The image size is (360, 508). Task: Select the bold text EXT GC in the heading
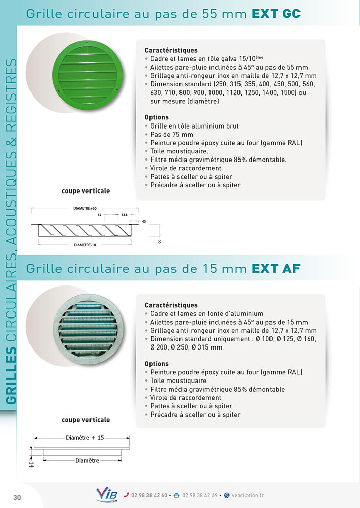pyautogui.click(x=276, y=14)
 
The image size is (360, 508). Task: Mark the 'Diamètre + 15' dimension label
pyautogui.click(x=84, y=437)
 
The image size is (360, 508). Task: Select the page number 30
pyautogui.click(x=17, y=497)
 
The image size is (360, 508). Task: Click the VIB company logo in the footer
pyautogui.click(x=107, y=494)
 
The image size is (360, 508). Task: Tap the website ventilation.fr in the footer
pyautogui.click(x=247, y=495)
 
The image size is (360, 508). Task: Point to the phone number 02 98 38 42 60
pyautogui.click(x=149, y=495)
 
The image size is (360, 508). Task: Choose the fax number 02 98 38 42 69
pyautogui.click(x=199, y=495)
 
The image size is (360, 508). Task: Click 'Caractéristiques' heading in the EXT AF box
pyautogui.click(x=171, y=305)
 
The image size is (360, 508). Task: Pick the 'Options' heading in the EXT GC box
pyautogui.click(x=157, y=117)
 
